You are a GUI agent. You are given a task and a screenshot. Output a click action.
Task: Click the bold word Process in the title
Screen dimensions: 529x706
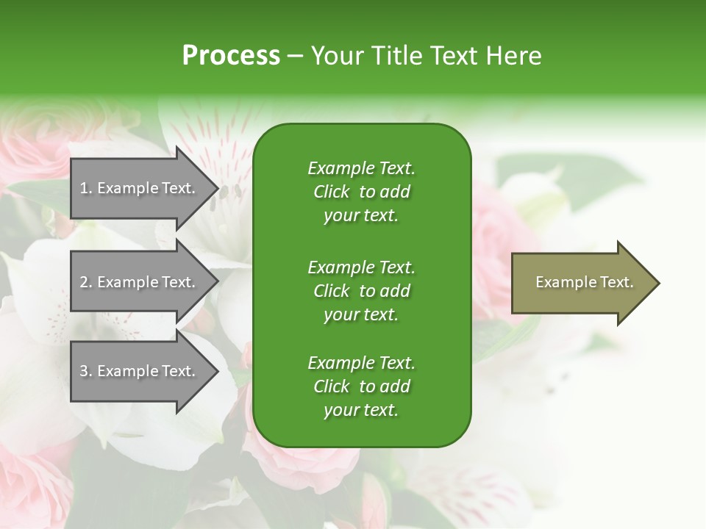click(231, 56)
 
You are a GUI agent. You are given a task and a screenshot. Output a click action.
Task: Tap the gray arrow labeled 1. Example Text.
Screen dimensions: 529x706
click(140, 188)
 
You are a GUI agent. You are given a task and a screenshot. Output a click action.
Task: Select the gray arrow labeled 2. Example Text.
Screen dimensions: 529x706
click(140, 282)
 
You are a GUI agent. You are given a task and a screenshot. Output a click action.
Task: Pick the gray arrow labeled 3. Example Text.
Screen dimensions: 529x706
click(140, 371)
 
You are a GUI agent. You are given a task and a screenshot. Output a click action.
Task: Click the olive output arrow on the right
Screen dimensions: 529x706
click(581, 283)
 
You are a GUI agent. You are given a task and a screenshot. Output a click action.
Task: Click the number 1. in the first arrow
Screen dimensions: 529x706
click(86, 188)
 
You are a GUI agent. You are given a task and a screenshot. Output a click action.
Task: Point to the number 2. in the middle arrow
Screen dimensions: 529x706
click(86, 282)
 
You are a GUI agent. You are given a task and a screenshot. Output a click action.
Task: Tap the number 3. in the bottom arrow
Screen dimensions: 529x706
click(86, 371)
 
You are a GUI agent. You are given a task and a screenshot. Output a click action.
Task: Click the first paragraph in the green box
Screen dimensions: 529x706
click(361, 192)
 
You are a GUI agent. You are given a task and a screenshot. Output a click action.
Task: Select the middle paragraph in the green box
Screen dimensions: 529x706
click(361, 290)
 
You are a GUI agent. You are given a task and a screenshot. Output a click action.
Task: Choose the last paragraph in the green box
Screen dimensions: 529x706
click(361, 386)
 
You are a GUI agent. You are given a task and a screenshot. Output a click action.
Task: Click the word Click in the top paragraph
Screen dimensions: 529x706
click(331, 192)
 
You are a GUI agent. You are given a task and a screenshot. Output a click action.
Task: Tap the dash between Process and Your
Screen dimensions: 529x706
click(296, 56)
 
